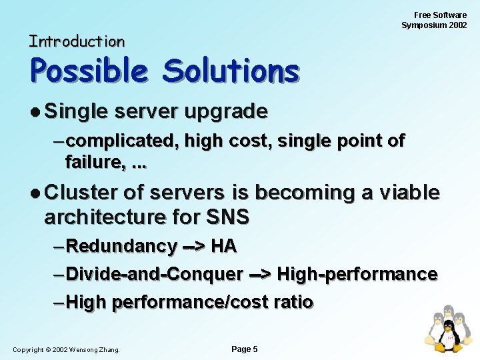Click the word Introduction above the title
pos(77,41)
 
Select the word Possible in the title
pos(89,71)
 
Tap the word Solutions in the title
pos(231,71)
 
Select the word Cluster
pos(81,193)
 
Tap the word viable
pos(409,193)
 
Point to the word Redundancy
pos(122,246)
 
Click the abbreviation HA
pos(223,246)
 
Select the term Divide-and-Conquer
pos(155,274)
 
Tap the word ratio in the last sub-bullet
pos(292,302)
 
